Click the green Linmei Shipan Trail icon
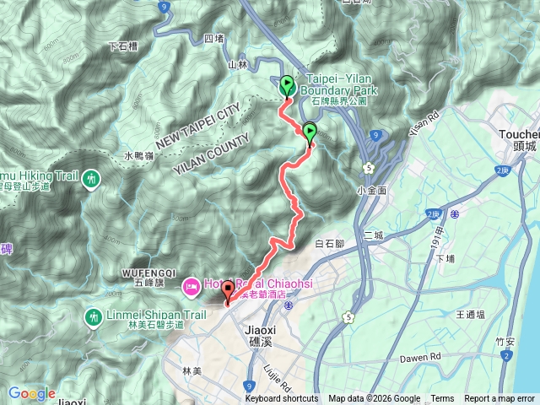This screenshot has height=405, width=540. click(92, 317)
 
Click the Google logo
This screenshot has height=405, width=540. click(31, 393)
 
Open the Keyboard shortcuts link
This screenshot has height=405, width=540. click(282, 399)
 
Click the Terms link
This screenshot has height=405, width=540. click(442, 399)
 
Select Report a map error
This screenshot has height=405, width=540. click(499, 399)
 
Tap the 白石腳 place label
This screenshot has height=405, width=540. click(329, 244)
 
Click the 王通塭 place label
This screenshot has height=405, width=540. click(469, 314)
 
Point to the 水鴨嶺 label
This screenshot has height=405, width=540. click(138, 156)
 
